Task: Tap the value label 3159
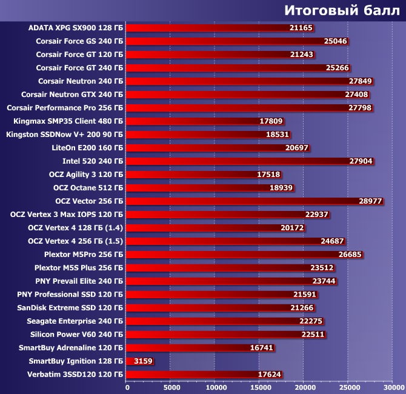pyautogui.click(x=143, y=361)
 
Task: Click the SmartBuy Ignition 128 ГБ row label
pyautogui.click(x=76, y=361)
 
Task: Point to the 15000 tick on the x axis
pyautogui.click(x=260, y=386)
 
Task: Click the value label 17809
pyautogui.click(x=271, y=121)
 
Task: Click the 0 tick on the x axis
pyautogui.click(x=127, y=386)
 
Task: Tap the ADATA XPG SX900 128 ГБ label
pyautogui.click(x=76, y=28)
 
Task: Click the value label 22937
pyautogui.click(x=317, y=215)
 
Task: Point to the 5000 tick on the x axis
pyautogui.click(x=171, y=386)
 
